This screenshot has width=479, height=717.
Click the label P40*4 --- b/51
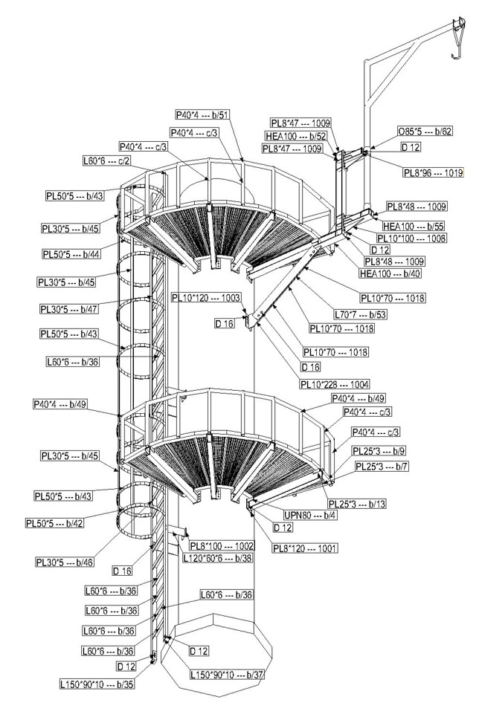(202, 115)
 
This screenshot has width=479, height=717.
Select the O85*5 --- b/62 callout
(424, 132)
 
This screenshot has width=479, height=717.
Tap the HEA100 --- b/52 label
(296, 136)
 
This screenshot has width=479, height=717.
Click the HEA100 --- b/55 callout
(413, 226)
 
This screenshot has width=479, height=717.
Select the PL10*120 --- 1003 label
(206, 297)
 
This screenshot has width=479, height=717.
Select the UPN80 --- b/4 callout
(289, 513)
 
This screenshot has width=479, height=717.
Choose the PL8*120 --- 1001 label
(305, 548)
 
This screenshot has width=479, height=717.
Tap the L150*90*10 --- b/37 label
(226, 675)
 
